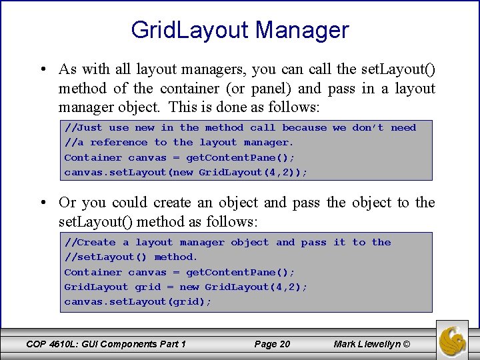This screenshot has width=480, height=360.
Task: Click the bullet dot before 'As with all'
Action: click(42, 70)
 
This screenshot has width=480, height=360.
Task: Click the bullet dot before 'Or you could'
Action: click(42, 203)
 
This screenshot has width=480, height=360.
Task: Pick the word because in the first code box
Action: click(304, 128)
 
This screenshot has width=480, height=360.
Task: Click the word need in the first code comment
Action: click(403, 128)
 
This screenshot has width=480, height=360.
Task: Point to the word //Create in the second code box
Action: click(90, 243)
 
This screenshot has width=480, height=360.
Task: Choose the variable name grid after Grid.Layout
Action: click(148, 287)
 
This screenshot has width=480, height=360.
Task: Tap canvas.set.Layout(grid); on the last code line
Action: click(137, 302)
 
